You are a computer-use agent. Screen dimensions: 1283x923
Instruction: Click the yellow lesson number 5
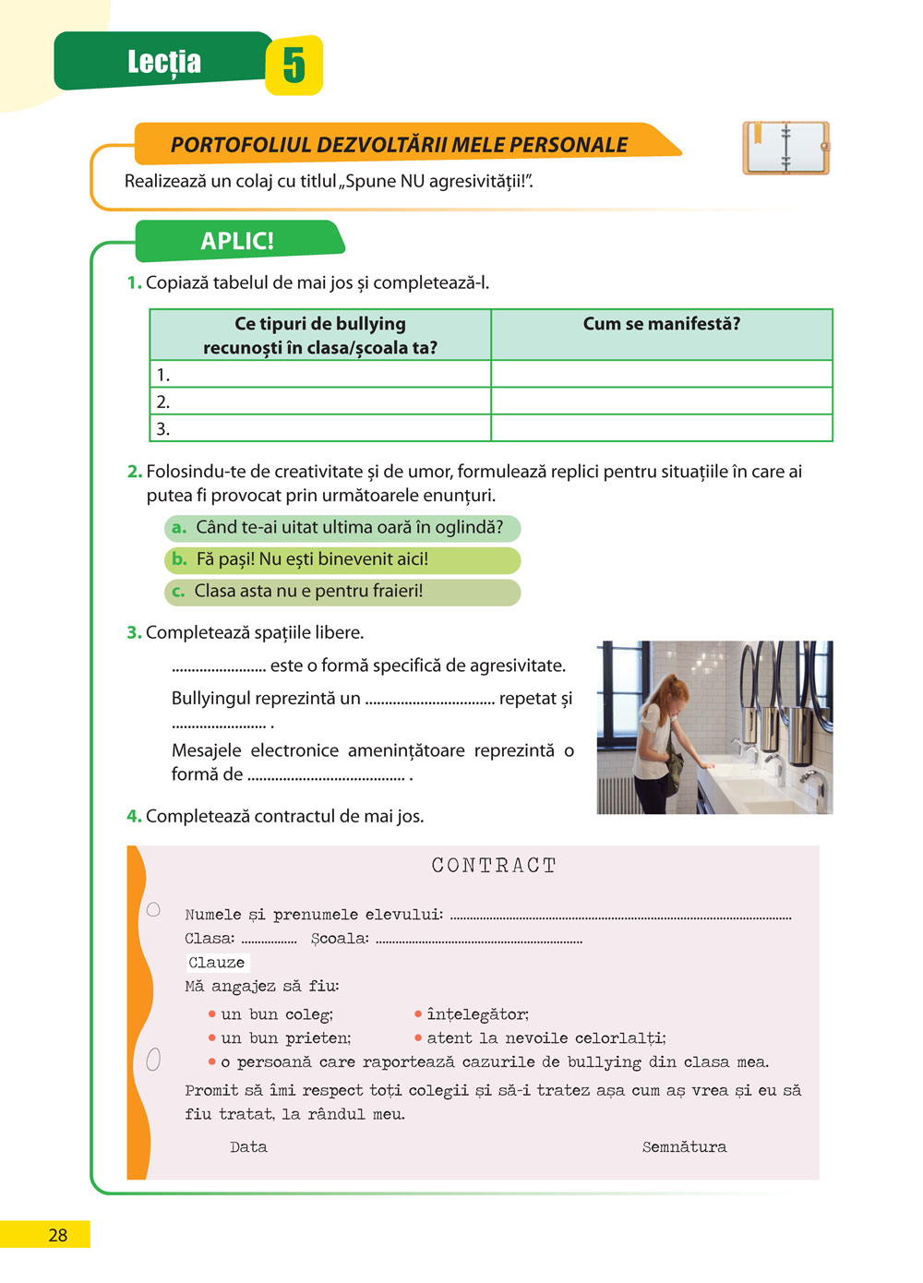(294, 66)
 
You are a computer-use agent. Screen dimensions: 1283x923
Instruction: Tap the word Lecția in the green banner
(163, 62)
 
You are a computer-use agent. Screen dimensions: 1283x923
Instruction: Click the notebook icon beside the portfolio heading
(785, 148)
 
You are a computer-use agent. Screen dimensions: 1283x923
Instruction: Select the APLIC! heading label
(237, 241)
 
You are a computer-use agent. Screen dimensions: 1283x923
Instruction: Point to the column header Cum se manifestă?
(661, 324)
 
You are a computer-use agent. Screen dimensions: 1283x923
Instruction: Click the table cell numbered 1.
(319, 375)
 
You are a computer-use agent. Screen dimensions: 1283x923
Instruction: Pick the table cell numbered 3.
(319, 429)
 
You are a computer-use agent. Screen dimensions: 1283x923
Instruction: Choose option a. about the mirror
(342, 528)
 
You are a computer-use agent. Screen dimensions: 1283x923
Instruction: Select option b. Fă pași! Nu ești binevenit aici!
(342, 559)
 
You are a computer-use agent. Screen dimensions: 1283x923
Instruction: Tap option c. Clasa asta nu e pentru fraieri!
(342, 592)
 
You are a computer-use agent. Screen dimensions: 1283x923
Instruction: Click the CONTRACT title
(494, 866)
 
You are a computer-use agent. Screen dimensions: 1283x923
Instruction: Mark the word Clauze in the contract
(217, 963)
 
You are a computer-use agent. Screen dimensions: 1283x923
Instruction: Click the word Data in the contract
(248, 1147)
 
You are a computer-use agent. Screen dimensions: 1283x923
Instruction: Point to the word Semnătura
(684, 1147)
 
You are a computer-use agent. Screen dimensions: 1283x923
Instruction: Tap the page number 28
(57, 1235)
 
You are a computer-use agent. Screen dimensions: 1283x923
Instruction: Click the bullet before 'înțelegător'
(418, 1014)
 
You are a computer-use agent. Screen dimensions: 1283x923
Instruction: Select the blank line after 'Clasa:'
(269, 941)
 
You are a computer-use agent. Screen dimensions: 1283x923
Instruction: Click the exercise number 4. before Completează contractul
(134, 816)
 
